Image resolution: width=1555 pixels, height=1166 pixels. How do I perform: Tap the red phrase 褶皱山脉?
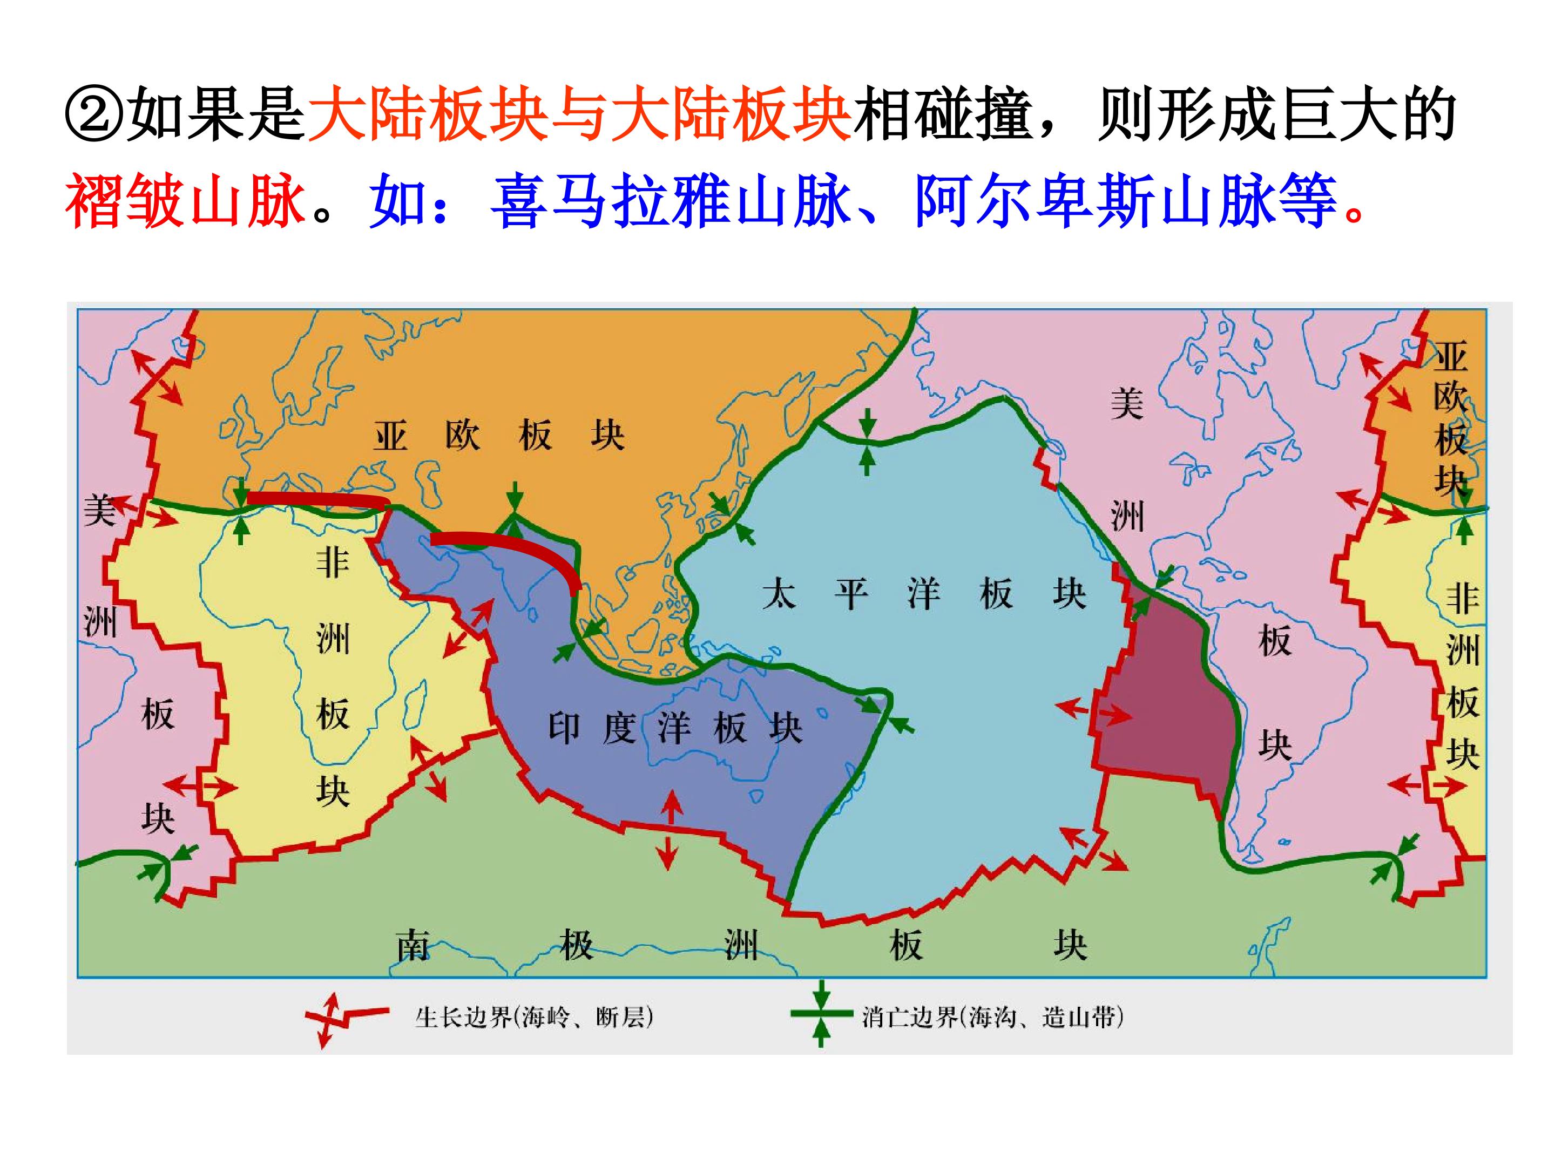[x=186, y=202]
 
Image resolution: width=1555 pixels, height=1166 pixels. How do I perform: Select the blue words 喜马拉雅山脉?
[x=671, y=202]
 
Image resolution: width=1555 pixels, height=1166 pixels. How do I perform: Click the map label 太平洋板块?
[x=924, y=594]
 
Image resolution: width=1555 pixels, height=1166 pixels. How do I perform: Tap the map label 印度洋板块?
[x=675, y=728]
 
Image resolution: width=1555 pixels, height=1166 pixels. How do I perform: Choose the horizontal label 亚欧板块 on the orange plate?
[x=498, y=435]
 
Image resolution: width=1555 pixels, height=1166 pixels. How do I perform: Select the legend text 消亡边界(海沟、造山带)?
[x=992, y=1017]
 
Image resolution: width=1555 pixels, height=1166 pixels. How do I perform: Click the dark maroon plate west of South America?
[x=1167, y=703]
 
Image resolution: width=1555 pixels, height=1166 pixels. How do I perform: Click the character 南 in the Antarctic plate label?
[x=413, y=946]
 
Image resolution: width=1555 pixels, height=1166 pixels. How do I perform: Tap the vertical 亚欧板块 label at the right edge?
[x=1450, y=419]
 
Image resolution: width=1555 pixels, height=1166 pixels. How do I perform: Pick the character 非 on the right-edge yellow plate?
[x=1462, y=599]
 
